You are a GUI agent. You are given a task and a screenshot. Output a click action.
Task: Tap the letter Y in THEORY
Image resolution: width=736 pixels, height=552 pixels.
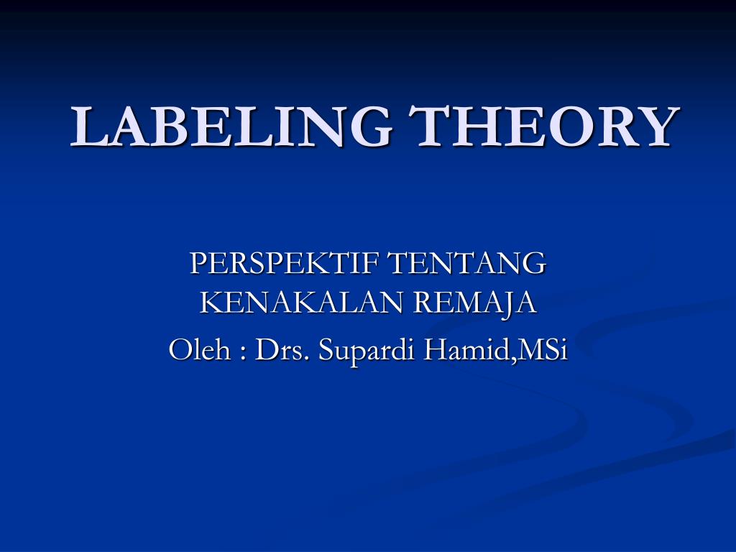pyautogui.click(x=658, y=126)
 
